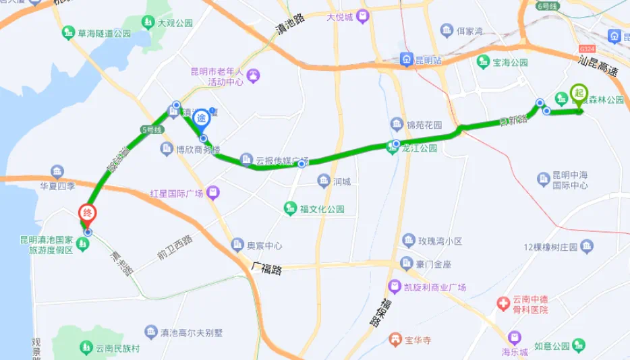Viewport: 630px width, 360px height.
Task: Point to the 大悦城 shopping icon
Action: coord(364,16)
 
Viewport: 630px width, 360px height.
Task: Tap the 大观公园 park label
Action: coord(175,23)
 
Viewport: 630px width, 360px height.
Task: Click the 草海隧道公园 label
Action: coord(103,33)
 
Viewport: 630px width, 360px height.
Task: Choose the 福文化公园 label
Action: coord(322,210)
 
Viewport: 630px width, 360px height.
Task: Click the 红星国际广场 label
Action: coord(177,194)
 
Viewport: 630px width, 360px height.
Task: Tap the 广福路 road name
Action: coord(266,268)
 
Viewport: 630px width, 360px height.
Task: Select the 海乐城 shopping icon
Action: coord(515,337)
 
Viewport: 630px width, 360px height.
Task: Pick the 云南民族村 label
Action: coord(116,348)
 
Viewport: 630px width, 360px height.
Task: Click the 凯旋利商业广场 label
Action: coord(435,287)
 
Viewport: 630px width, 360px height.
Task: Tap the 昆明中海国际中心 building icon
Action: coord(544,179)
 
